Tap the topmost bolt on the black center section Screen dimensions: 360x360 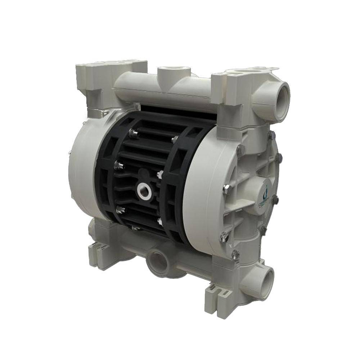tap(134, 134)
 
